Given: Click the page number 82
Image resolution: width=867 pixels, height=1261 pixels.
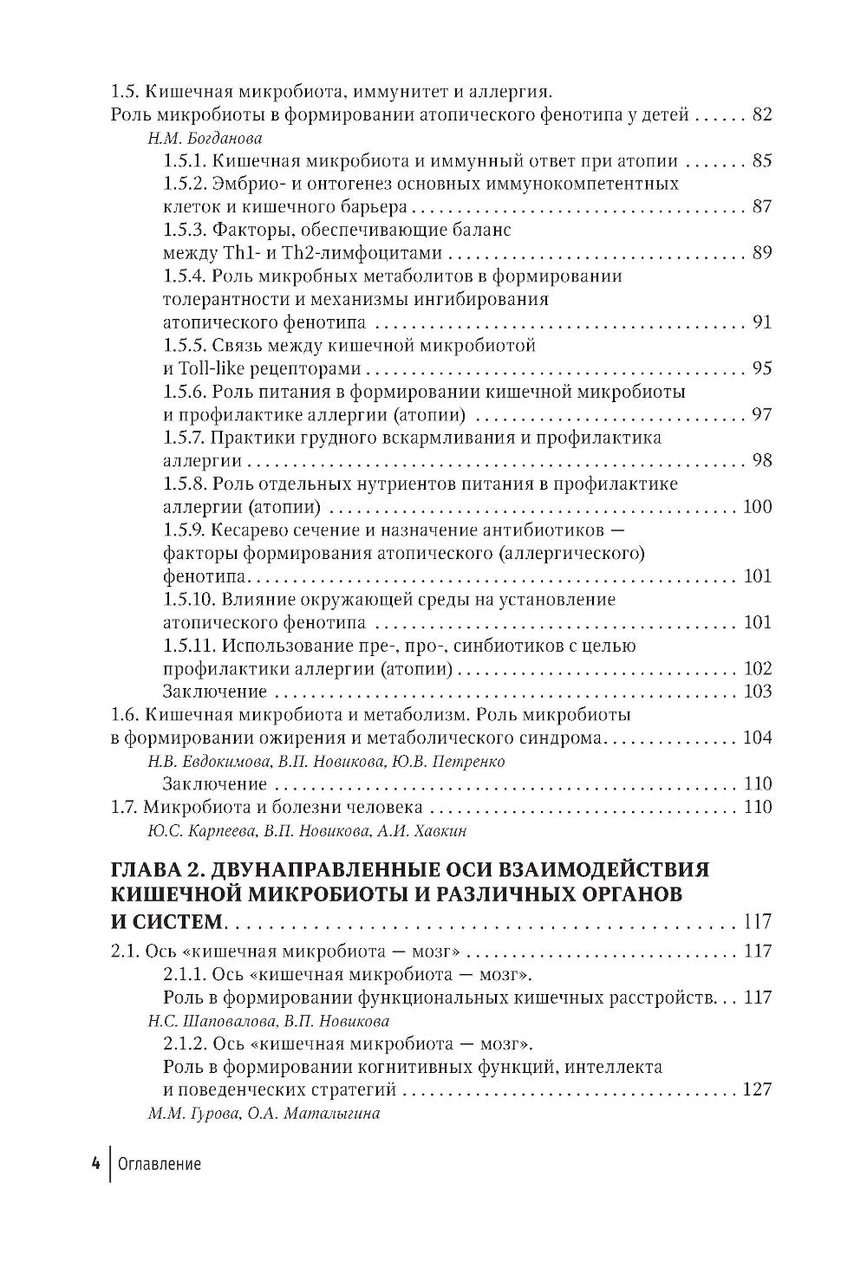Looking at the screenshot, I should click(x=762, y=115).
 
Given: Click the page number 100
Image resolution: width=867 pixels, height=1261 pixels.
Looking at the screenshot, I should click(x=757, y=507).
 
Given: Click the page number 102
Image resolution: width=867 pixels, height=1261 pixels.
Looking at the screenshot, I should click(x=757, y=669).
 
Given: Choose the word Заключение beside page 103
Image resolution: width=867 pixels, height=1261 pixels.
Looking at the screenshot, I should click(x=214, y=692).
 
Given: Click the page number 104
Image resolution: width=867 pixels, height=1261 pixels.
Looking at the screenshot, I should click(x=757, y=738).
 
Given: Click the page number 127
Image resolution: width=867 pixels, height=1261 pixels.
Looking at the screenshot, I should click(x=757, y=1089).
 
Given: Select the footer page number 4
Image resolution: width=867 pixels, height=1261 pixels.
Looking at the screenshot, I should click(x=95, y=1164).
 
